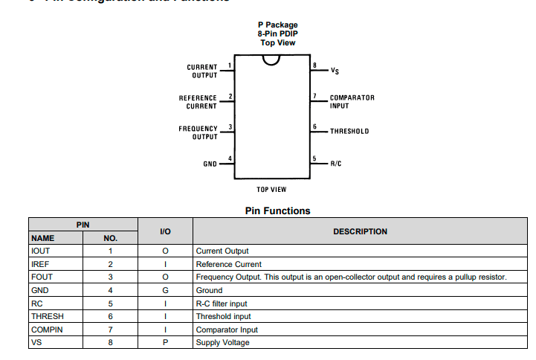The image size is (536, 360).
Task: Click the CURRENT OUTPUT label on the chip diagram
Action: point(202,71)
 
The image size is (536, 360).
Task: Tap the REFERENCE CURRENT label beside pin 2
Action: point(198,102)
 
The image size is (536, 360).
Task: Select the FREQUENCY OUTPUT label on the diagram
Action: point(198,132)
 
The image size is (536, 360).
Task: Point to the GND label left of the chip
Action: point(210,164)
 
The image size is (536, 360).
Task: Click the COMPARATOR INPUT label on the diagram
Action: point(352,102)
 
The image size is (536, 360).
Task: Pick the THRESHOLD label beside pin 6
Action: point(349,132)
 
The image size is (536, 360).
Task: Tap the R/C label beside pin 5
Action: point(336,163)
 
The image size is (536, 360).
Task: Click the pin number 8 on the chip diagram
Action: point(315,65)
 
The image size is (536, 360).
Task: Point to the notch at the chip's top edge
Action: point(271,60)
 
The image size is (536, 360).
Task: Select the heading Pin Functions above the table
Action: point(277,210)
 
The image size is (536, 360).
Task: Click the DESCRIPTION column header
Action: point(360,231)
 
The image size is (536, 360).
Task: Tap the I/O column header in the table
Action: point(165,232)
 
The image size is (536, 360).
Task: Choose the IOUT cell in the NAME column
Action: point(40,251)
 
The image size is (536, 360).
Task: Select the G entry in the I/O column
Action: point(165,290)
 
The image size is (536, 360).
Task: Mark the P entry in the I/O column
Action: point(165,342)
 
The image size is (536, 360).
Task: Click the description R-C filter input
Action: point(221,303)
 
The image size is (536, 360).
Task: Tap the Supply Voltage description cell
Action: point(222,342)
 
